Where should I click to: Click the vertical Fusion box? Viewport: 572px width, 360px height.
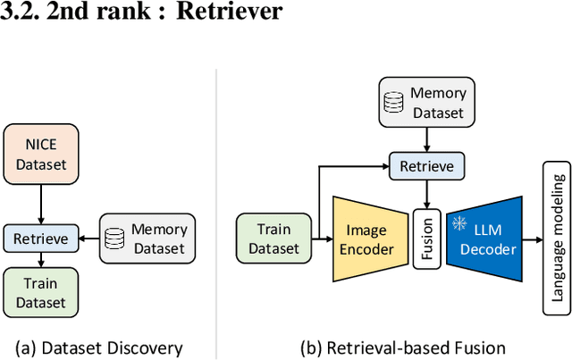[x=427, y=239]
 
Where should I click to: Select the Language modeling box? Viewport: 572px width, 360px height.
[x=558, y=238]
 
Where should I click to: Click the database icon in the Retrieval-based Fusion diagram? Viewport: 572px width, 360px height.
[x=393, y=101]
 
